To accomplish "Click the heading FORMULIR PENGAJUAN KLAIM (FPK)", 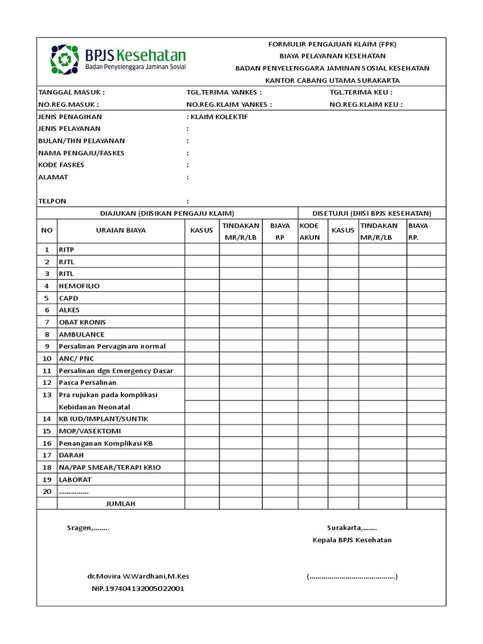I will click(x=332, y=44).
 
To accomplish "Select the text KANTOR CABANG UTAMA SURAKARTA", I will click(x=332, y=80).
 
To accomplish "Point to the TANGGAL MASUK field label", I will click(x=67, y=92).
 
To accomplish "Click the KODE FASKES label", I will click(x=61, y=165).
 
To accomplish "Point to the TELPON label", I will click(x=52, y=201).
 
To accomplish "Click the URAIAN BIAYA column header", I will click(x=121, y=230).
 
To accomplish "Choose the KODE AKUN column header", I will click(x=309, y=231).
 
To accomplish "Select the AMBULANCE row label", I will click(x=81, y=334).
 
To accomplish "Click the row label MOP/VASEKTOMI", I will click(x=89, y=431).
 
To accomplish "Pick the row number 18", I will click(x=47, y=467).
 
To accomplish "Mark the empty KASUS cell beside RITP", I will click(x=201, y=250).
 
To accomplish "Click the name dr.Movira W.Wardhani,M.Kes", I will click(x=138, y=576).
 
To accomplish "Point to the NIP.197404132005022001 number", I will click(x=138, y=589).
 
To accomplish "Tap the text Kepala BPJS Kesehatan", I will click(x=352, y=540).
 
